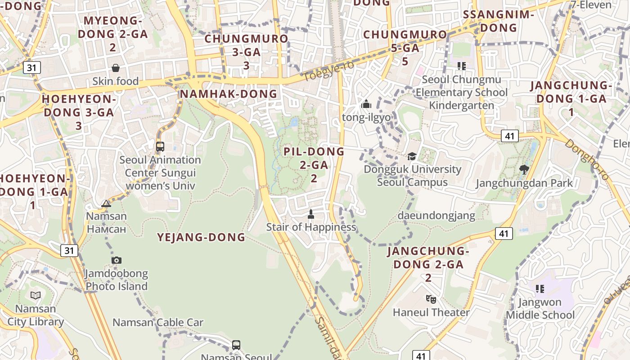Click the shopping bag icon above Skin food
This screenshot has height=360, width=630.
(116, 68)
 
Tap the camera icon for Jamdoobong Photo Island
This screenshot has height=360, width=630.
(117, 260)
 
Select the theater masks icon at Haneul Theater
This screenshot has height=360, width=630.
(431, 299)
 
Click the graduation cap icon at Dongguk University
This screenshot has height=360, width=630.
(412, 156)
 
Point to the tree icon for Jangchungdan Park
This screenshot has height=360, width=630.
(524, 170)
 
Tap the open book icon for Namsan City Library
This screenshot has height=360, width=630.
(35, 295)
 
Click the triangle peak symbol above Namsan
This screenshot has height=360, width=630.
(106, 203)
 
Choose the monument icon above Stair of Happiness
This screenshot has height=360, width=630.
(310, 214)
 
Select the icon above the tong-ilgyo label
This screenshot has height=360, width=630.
(366, 104)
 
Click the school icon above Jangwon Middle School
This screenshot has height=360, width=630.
(540, 288)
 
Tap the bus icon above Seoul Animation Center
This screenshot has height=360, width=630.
(160, 147)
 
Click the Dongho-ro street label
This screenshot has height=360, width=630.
(586, 159)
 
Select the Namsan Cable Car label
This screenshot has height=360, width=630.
(157, 322)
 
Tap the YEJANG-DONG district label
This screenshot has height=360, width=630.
(201, 237)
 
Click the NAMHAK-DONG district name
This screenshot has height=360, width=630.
(228, 94)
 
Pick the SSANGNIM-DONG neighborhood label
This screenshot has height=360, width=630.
(498, 21)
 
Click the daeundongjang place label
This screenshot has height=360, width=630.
(436, 216)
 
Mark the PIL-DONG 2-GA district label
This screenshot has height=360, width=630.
(314, 165)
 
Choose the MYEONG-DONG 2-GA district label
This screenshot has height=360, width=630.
(113, 34)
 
